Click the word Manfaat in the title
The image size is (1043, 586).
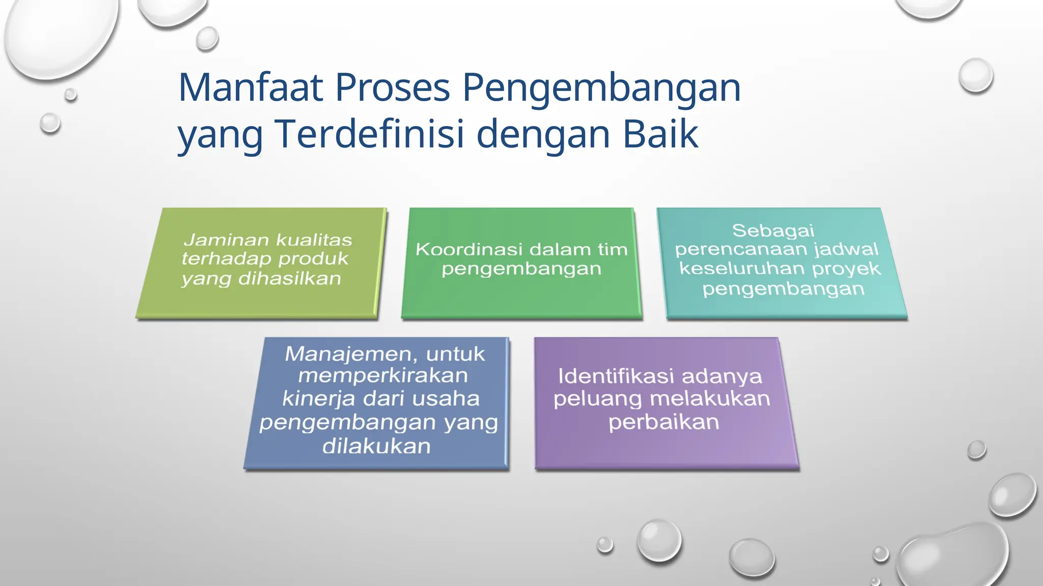coord(251,87)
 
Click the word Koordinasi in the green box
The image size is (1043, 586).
coord(469,249)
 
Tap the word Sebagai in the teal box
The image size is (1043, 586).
coord(773,230)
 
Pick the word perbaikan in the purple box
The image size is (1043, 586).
coord(664,422)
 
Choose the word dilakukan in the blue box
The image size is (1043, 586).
coord(376,447)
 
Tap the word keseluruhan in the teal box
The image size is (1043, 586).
coord(742,269)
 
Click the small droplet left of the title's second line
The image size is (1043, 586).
coord(50,123)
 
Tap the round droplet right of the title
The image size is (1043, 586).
coord(975,75)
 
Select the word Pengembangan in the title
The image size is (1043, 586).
coord(601,87)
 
